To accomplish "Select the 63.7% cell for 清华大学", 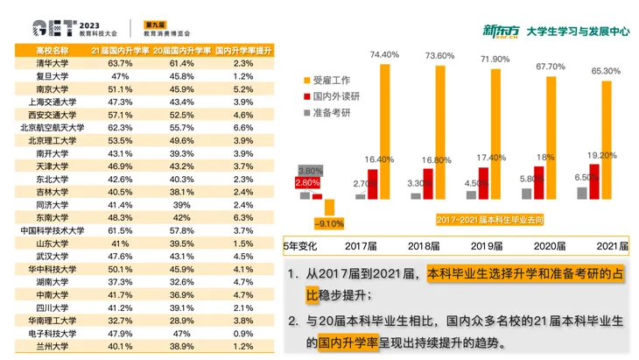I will tap(118, 64).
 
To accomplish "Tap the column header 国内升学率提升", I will tap(244, 51).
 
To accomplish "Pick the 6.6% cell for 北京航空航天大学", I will tap(244, 127).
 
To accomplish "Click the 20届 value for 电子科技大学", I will tap(181, 334).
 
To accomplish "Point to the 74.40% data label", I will tap(384, 54).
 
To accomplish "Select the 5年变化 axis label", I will tap(302, 246).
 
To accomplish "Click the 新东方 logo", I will tap(502, 31).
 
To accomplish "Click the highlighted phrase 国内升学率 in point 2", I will tap(349, 342).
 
